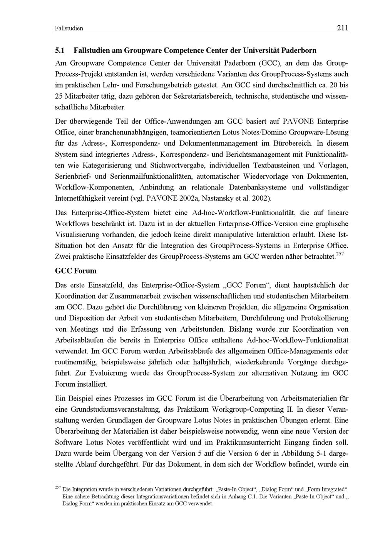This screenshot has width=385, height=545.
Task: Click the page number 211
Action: [342, 28]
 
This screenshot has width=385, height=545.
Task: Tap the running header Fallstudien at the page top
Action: [69, 28]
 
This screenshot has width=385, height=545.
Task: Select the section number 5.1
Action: [61, 50]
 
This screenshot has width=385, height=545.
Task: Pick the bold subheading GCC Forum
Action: [76, 271]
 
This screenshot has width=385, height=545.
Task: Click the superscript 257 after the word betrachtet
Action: [340, 254]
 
